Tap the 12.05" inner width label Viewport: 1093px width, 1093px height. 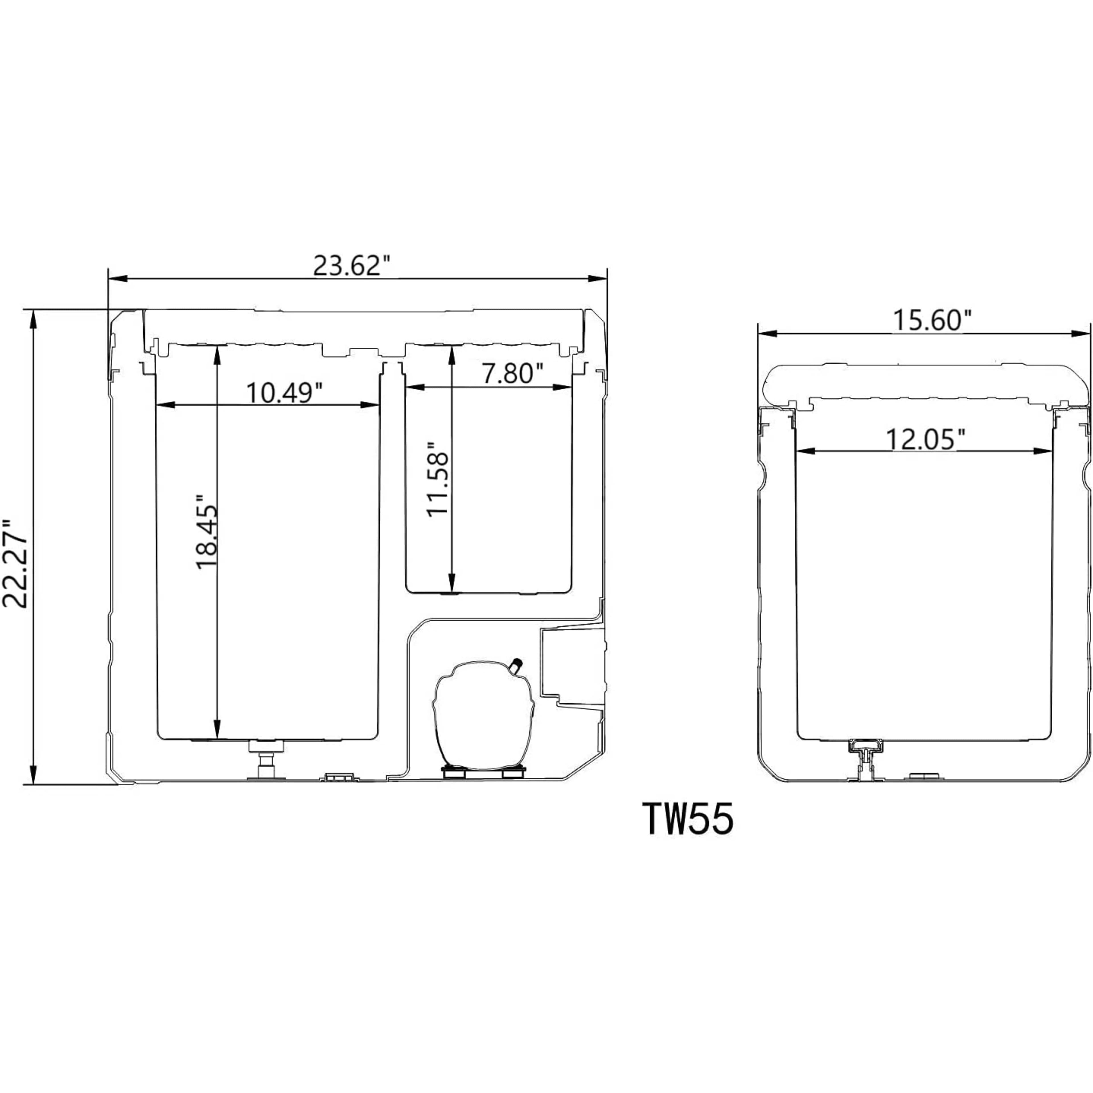(x=924, y=439)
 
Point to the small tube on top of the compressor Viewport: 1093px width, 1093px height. (x=516, y=665)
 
